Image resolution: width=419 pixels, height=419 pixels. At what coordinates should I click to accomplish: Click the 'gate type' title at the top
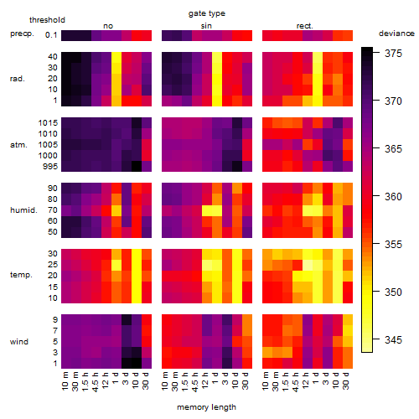pyautogui.click(x=207, y=13)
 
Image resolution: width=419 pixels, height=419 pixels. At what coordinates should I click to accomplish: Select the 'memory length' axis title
pyautogui.click(x=206, y=407)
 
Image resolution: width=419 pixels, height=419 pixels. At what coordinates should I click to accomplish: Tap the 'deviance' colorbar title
pyautogui.click(x=396, y=34)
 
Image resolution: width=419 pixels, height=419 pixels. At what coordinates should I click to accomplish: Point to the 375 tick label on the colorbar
pyautogui.click(x=393, y=53)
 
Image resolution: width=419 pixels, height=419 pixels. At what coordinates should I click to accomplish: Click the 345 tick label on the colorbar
pyautogui.click(x=393, y=340)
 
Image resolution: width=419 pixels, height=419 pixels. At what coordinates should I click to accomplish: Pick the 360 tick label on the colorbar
pyautogui.click(x=393, y=197)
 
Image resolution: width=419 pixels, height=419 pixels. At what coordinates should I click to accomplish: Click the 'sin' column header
pyautogui.click(x=206, y=26)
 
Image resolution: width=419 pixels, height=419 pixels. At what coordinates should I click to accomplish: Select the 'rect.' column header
pyautogui.click(x=305, y=26)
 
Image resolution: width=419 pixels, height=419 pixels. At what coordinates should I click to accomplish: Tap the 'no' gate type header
pyautogui.click(x=108, y=26)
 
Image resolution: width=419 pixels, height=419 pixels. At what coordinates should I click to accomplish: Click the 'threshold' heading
pyautogui.click(x=47, y=20)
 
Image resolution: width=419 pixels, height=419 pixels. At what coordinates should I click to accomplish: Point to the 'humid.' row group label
pyautogui.click(x=23, y=210)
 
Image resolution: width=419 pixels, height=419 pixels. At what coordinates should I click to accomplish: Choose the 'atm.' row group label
pyautogui.click(x=18, y=145)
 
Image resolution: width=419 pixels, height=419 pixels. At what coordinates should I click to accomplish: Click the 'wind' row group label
pyautogui.click(x=19, y=342)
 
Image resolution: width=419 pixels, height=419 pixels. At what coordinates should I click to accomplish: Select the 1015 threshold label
pyautogui.click(x=48, y=123)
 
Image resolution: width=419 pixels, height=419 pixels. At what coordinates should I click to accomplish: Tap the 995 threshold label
pyautogui.click(x=50, y=167)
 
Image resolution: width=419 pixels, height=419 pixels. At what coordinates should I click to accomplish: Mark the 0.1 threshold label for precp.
pyautogui.click(x=51, y=35)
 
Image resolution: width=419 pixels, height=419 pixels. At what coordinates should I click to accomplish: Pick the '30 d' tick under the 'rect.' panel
pyautogui.click(x=346, y=380)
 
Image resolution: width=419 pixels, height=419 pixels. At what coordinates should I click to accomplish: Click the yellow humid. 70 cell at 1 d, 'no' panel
pyautogui.click(x=116, y=210)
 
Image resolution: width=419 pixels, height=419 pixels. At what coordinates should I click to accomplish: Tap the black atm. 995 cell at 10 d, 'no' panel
pyautogui.click(x=137, y=167)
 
